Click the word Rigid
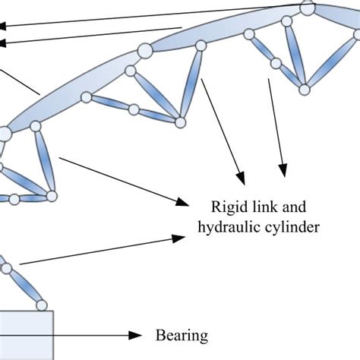coord(226,206)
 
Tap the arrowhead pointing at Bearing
coord(137,335)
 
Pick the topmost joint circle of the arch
coord(307,9)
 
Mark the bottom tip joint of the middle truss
coord(181,120)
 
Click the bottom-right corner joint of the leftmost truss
coord(52,196)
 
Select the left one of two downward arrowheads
coord(242,172)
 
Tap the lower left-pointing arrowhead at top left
coord(5,43)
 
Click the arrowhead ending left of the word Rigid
coord(182,202)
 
